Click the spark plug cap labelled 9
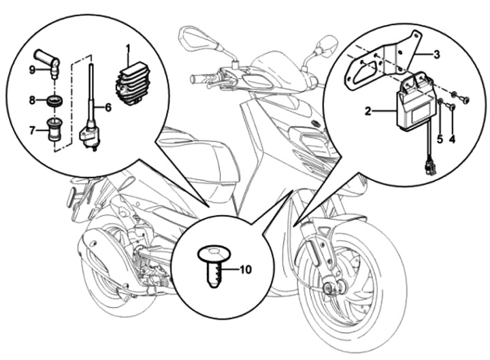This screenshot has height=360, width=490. coord(51,60)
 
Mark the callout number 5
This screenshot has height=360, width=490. coord(440,139)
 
